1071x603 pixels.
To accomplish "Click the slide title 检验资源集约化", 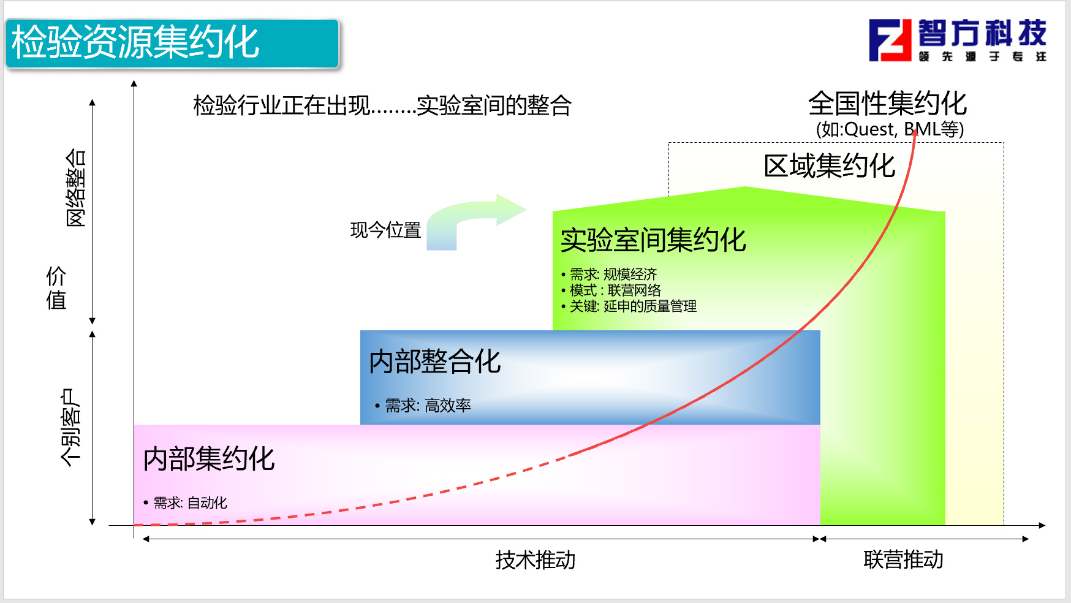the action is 135,42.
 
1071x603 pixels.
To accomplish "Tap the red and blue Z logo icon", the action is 890,40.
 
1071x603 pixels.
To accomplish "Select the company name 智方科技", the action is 982,33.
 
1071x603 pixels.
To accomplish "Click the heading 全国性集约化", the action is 887,103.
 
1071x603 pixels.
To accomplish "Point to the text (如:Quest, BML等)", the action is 890,129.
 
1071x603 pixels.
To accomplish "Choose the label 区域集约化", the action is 830,165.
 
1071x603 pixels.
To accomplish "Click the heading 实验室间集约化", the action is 653,240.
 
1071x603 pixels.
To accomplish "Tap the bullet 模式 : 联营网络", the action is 611,290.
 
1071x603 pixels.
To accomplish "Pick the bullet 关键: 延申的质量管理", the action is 629,306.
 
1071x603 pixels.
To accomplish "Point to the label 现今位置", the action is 385,230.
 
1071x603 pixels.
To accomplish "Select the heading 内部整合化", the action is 435,361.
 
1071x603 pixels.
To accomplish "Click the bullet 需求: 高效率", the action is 423,405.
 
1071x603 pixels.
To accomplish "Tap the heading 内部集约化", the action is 209,458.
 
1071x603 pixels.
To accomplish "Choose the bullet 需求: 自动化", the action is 185,502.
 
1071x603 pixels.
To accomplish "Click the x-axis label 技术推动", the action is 535,559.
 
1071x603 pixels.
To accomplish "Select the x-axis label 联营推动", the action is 903,559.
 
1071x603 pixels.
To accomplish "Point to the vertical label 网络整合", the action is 75,188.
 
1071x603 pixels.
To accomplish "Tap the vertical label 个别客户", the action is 70,427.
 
